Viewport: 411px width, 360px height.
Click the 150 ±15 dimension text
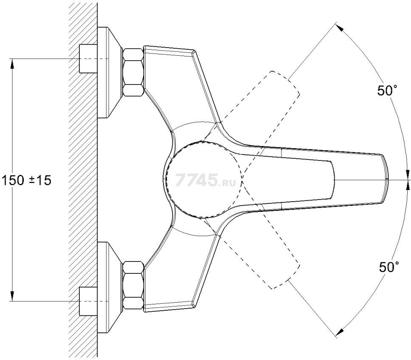tap(26, 180)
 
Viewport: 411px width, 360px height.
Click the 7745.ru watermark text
tap(205, 180)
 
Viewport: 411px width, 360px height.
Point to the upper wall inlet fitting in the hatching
tap(88, 59)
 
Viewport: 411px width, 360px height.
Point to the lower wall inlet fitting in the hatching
tap(88, 301)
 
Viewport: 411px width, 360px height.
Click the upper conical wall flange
tap(110, 72)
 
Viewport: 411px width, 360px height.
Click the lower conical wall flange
tap(110, 287)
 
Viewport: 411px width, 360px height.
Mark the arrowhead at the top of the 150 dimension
tap(12, 63)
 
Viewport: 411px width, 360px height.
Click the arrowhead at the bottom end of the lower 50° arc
tap(340, 331)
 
